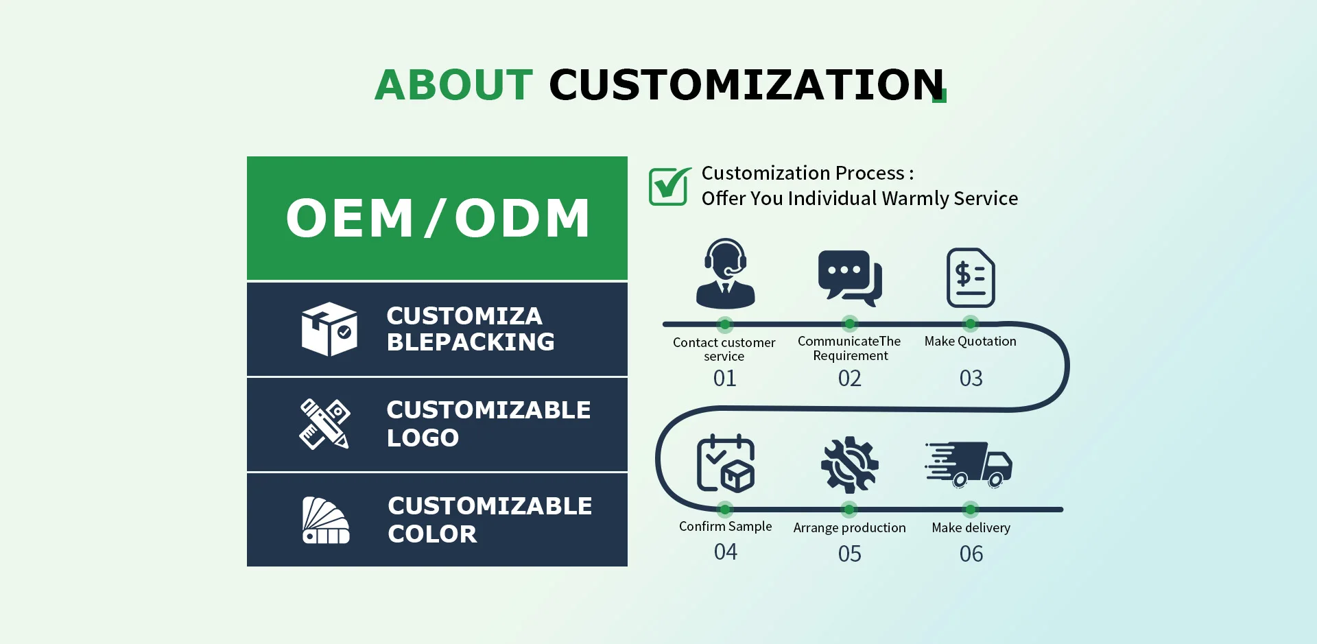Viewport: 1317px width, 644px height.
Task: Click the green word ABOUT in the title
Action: click(453, 84)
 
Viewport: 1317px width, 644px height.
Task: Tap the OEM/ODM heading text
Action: click(438, 218)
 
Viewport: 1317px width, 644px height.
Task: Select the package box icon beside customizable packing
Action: click(329, 329)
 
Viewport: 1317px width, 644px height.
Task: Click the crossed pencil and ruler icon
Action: click(325, 424)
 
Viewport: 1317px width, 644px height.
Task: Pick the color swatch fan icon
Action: click(326, 521)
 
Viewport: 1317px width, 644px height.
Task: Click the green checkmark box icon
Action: click(670, 186)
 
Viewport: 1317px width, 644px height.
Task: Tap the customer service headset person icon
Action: click(725, 273)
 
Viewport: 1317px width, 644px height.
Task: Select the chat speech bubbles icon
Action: click(850, 278)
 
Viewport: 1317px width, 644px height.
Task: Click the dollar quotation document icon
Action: click(971, 278)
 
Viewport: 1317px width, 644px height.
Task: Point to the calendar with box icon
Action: click(726, 464)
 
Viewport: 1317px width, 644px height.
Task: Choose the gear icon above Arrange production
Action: click(849, 464)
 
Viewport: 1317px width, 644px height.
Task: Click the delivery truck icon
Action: click(969, 464)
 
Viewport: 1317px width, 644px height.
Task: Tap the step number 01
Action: click(724, 378)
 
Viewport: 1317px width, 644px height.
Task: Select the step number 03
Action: click(971, 378)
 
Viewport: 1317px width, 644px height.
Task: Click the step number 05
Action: click(849, 553)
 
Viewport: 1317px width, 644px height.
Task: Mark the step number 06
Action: click(971, 553)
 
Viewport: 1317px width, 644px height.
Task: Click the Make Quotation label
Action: click(970, 342)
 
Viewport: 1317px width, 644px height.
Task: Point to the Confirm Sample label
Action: click(725, 527)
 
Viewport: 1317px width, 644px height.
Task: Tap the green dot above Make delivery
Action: click(970, 509)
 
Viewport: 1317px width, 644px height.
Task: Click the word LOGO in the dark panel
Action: click(423, 438)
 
